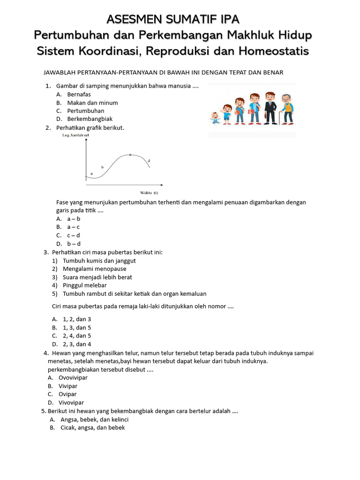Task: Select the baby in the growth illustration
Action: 215,117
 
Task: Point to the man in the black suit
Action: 270,108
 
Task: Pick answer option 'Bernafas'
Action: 79,94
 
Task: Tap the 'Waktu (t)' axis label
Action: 149,193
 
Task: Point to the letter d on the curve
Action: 149,161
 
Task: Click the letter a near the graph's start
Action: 91,173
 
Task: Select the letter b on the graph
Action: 102,167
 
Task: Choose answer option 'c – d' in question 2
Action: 73,235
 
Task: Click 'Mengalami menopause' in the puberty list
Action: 94,269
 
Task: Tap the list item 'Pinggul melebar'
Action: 84,285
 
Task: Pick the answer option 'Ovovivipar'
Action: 73,377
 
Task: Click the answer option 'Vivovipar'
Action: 71,403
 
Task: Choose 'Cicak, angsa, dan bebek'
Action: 92,427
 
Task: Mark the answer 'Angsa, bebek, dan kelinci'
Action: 94,420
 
